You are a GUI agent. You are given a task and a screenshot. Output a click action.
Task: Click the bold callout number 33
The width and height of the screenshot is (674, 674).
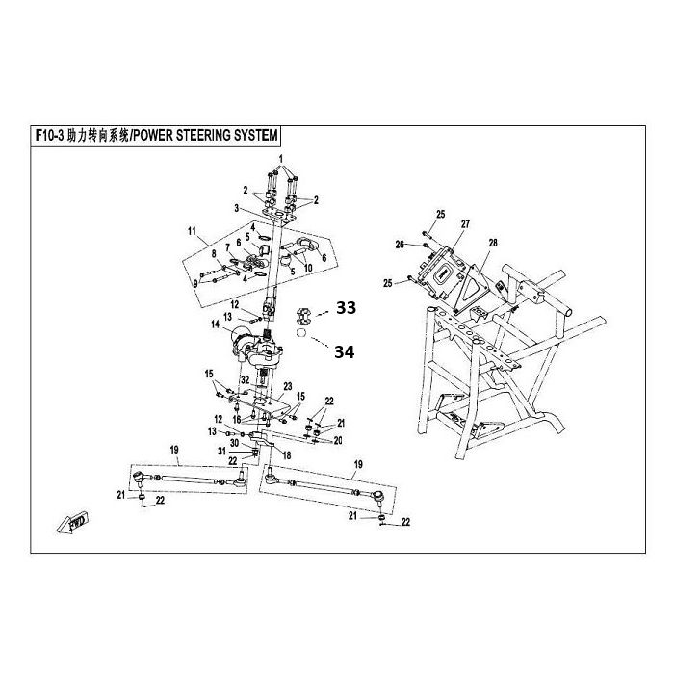click(345, 308)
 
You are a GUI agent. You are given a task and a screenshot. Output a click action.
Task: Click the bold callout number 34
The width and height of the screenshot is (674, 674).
click(345, 352)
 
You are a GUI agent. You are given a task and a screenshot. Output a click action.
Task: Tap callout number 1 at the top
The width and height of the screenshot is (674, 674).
click(282, 158)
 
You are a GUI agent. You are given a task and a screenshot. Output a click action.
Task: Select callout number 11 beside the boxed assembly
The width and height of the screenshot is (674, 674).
click(192, 232)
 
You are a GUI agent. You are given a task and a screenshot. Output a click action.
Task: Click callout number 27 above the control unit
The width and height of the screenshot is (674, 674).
click(465, 224)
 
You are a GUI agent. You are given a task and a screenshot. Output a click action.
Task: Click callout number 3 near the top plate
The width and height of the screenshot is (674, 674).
click(236, 206)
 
